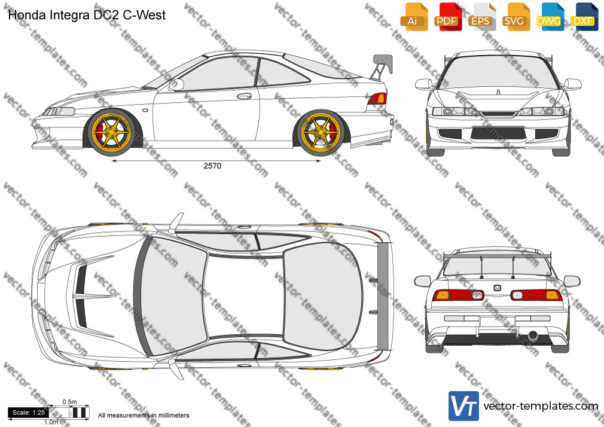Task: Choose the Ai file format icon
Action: click(x=414, y=17)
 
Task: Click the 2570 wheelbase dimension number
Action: click(x=213, y=166)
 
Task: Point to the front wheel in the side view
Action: click(x=112, y=132)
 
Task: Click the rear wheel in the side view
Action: click(x=321, y=133)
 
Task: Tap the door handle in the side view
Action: click(x=244, y=96)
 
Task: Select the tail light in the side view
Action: click(x=377, y=99)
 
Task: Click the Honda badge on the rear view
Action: click(x=498, y=288)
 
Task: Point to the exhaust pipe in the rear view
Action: click(x=533, y=335)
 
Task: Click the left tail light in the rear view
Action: click(x=457, y=295)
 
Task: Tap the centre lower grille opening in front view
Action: click(x=498, y=133)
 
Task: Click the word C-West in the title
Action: click(x=144, y=15)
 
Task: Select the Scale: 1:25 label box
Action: click(x=29, y=413)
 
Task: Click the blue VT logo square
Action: click(x=463, y=406)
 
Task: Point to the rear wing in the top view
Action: click(x=383, y=296)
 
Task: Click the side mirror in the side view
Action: click(x=176, y=84)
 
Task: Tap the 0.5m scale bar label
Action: click(x=70, y=402)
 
